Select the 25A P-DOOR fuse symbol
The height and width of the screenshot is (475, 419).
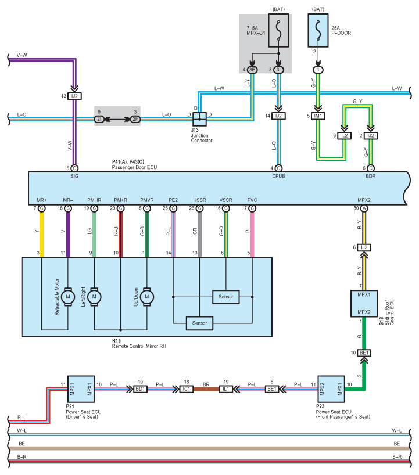pyautogui.click(x=318, y=29)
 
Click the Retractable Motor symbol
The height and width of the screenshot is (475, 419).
pyautogui.click(x=68, y=297)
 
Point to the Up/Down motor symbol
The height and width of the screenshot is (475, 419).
pyautogui.click(x=146, y=297)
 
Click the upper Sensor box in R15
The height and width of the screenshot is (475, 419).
pyautogui.click(x=225, y=297)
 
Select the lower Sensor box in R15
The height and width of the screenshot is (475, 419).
pyautogui.click(x=199, y=322)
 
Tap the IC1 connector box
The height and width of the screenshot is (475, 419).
pyautogui.click(x=187, y=388)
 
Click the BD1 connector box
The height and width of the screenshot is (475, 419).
pyautogui.click(x=140, y=388)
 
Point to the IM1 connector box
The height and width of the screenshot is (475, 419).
pyautogui.click(x=318, y=116)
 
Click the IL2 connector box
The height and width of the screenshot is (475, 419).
pyautogui.click(x=345, y=135)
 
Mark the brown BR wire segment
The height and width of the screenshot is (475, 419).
pyautogui.click(x=206, y=388)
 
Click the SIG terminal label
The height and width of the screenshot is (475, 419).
pyautogui.click(x=74, y=175)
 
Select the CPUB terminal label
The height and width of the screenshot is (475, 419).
pyautogui.click(x=278, y=175)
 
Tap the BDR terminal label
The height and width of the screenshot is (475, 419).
pyautogui.click(x=371, y=175)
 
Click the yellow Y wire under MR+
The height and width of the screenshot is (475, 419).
pyautogui.click(x=42, y=232)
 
